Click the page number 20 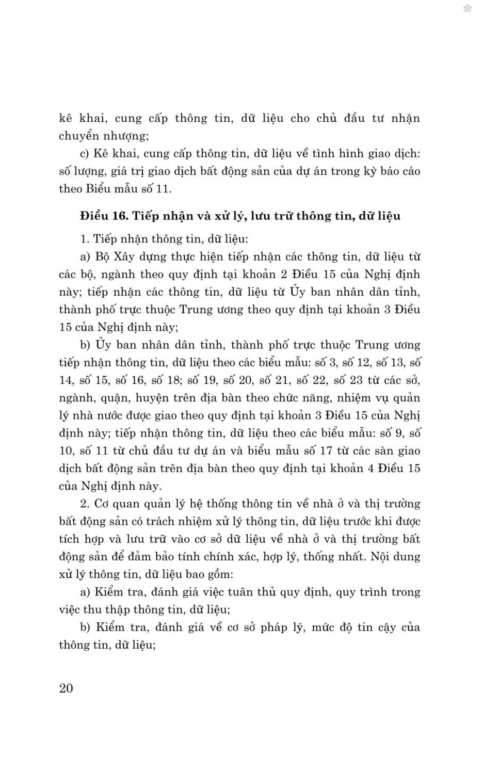(66, 688)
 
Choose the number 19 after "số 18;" (213, 380)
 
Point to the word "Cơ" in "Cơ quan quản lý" (102, 504)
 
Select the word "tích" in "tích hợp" (69, 539)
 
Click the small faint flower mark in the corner (468, 9)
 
